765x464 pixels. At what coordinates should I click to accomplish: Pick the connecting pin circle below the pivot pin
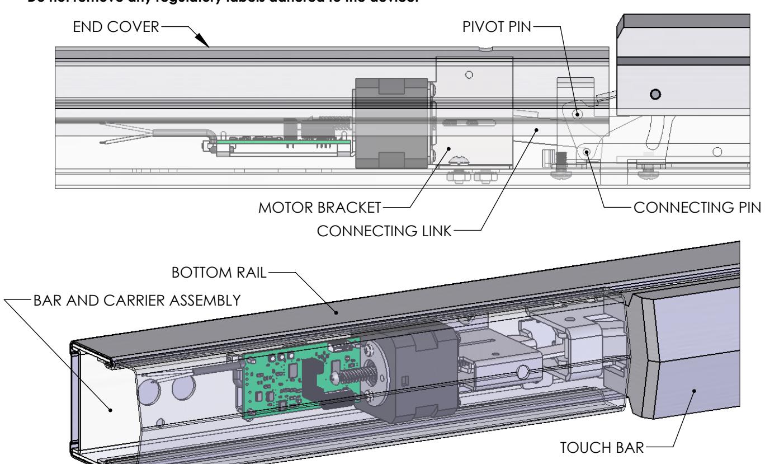click(587, 152)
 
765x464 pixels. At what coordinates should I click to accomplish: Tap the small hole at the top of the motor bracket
click(469, 74)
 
